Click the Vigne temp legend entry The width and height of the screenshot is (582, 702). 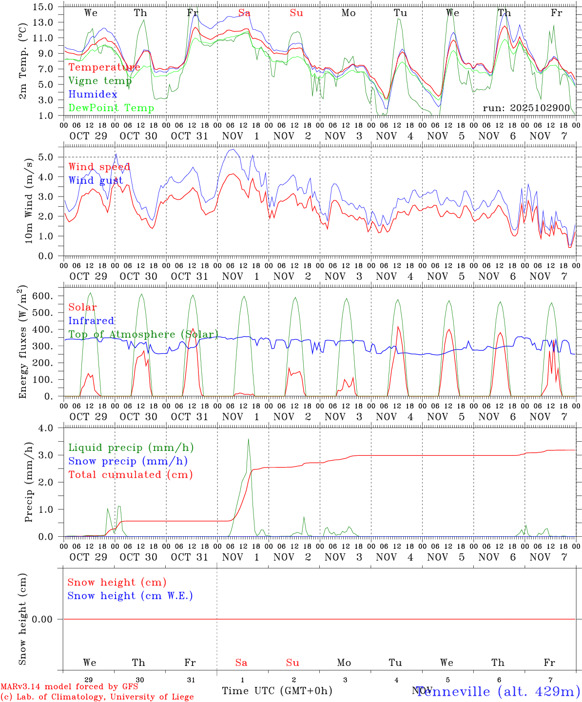coord(100,81)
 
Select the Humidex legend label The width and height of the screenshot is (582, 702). coord(93,95)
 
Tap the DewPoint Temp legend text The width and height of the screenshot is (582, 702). coord(111,108)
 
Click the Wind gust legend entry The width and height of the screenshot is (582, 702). coord(96,180)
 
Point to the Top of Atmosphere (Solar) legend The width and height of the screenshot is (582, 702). coord(143,334)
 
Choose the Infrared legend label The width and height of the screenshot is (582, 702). coord(91,321)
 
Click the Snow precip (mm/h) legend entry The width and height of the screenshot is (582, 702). coord(128,461)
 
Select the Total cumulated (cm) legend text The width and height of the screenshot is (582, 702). coord(130,475)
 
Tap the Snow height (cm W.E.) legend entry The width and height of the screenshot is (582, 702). coord(130,596)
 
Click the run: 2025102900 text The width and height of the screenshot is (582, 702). coord(526,108)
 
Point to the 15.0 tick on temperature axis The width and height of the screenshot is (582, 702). coord(43,7)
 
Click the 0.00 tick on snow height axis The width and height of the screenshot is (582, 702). coord(42,619)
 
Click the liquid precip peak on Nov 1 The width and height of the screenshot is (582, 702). coord(249,439)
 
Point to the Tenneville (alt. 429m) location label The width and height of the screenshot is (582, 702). coord(498,691)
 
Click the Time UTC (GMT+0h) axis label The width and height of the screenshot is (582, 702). coord(277,691)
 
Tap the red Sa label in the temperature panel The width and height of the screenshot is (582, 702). coord(244,13)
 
